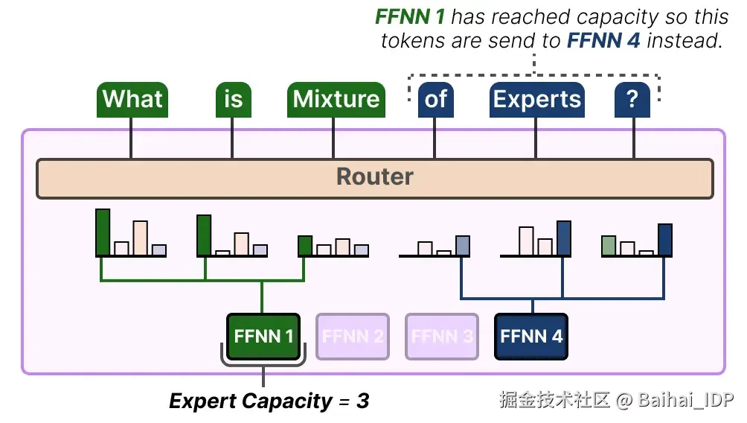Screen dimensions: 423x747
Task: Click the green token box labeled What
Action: coord(132,100)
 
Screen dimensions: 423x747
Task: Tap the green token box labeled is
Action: coord(233,100)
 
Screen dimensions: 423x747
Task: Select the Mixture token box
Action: coord(336,100)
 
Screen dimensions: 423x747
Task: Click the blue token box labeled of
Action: coord(436,100)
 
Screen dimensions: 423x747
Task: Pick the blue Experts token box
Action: coord(536,100)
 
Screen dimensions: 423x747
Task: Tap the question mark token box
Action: coord(632,100)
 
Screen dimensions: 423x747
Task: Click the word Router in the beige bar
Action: coord(374,177)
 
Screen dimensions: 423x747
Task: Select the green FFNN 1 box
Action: coord(263,336)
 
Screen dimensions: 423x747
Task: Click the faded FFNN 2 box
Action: coord(353,336)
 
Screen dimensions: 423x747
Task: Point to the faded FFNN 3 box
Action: coord(442,336)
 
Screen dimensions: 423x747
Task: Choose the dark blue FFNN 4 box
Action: coord(531,336)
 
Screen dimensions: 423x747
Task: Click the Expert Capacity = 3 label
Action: coord(269,401)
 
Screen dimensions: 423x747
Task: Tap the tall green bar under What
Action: coord(103,232)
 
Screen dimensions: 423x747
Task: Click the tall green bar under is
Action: coord(204,235)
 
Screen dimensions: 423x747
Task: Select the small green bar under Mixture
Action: coord(305,246)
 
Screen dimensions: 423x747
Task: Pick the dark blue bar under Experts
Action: coord(564,238)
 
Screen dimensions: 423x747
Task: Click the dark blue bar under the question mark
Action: coord(665,240)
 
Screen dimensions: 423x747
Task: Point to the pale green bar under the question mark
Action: coord(609,246)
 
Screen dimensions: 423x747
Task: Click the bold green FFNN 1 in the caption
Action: coord(410,16)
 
